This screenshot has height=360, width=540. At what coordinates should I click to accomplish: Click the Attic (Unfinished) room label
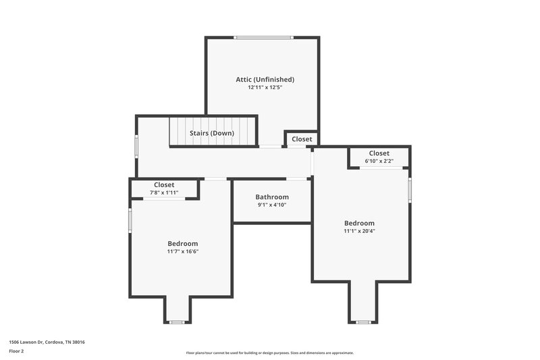pos(265,79)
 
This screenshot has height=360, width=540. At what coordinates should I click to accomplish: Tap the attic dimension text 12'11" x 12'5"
pos(265,87)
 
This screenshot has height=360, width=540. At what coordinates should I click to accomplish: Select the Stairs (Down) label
pos(212,133)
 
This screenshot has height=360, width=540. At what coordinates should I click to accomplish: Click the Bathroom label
pos(272,197)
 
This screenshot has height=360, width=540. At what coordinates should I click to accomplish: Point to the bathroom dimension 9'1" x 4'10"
pos(272,205)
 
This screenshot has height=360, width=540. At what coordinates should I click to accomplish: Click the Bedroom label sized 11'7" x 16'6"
pos(183,243)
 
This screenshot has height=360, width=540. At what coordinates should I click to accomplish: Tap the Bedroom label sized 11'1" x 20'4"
pos(359,223)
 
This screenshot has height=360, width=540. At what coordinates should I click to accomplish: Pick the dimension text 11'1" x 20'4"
pos(359,231)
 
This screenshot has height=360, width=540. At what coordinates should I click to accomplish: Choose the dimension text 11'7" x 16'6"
pos(183,251)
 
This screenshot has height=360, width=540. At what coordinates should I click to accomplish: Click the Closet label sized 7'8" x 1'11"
pos(164,184)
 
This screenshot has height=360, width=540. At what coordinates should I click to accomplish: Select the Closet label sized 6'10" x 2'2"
pos(379,153)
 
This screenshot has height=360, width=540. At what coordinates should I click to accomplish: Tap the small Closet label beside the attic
pos(302,139)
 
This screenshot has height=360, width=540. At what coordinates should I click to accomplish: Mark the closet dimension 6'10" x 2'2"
pos(379,161)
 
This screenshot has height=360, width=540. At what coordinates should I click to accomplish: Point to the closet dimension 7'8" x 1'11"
pos(164,192)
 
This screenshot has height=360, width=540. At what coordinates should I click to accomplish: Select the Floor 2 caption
pos(16,351)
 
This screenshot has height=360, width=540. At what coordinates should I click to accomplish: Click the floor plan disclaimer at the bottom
pos(270,353)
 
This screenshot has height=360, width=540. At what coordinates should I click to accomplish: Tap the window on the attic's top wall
pos(263,37)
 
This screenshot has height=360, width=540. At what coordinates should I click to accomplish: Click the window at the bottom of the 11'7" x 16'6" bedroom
pos(177,322)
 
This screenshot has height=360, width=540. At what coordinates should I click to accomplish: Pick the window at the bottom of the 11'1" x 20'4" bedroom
pos(363,322)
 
